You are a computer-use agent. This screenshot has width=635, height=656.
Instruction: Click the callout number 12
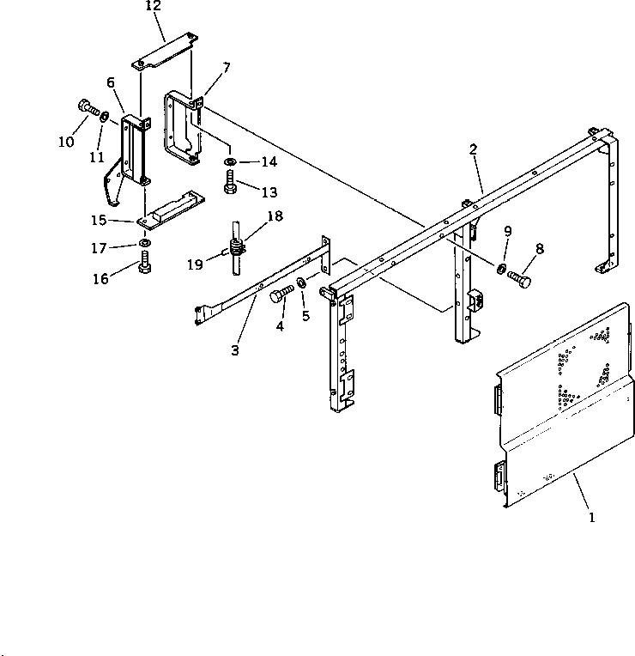coord(153,6)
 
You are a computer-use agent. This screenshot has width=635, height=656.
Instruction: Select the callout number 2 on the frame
coord(473,149)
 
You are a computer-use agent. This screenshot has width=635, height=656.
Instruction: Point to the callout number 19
coord(197,265)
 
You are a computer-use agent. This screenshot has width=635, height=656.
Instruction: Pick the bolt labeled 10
coord(88,107)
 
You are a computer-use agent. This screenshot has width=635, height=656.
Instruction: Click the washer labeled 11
coord(105,117)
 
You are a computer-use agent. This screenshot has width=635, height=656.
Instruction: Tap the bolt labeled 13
coord(229,182)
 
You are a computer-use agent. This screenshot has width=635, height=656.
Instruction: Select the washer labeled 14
coord(229,161)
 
